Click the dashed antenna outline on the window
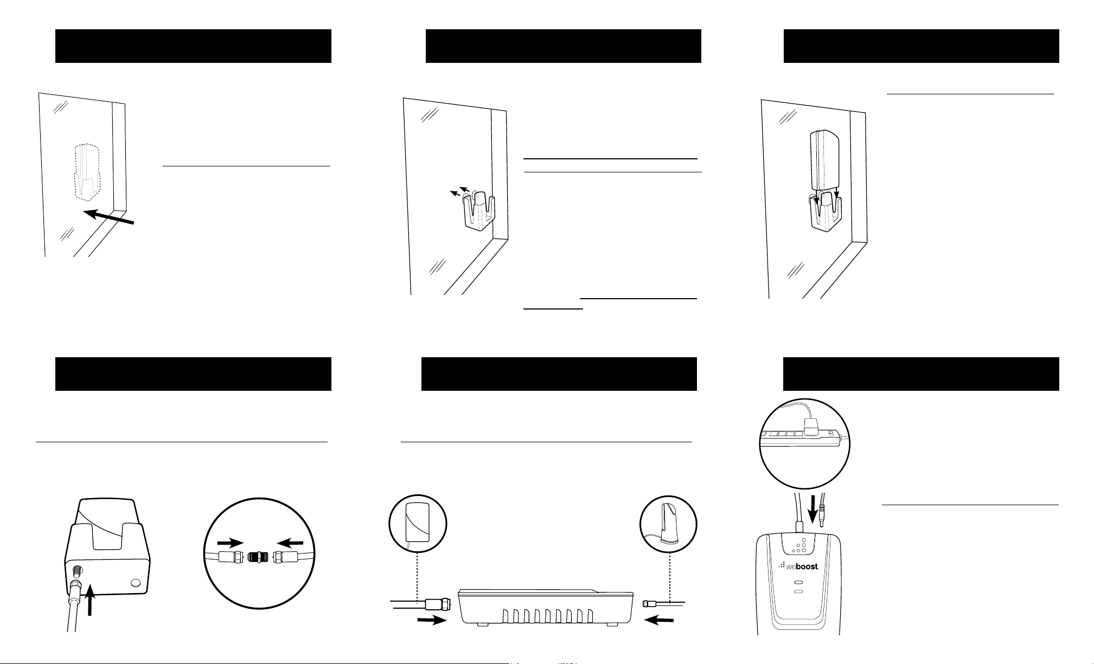[87, 169]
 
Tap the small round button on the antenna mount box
[136, 583]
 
